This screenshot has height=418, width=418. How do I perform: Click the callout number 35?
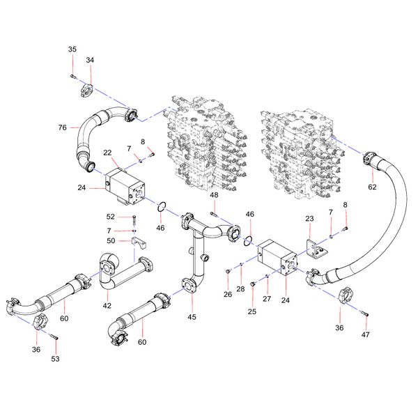click(x=72, y=49)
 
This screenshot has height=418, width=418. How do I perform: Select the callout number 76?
click(x=63, y=127)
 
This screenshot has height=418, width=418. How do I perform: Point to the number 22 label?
click(x=108, y=153)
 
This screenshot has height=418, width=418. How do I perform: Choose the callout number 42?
click(x=107, y=305)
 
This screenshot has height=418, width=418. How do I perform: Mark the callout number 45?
click(x=192, y=317)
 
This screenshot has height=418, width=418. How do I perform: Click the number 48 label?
click(x=214, y=196)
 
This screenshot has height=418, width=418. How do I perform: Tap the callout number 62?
click(x=372, y=187)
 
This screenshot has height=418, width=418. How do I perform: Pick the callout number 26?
click(x=228, y=295)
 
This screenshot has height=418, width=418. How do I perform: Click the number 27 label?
click(x=268, y=298)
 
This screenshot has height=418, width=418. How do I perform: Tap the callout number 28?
click(x=240, y=288)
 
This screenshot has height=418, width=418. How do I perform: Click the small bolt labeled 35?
click(x=73, y=75)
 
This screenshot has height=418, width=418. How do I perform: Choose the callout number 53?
click(x=55, y=359)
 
